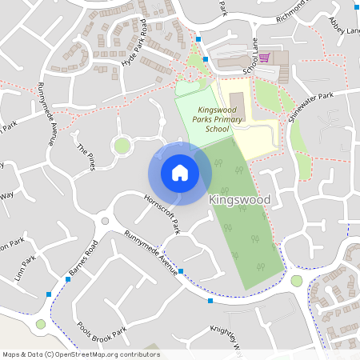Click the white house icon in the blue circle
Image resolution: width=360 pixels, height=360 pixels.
pyautogui.click(x=180, y=172)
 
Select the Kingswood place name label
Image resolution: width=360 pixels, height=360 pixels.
pyautogui.click(x=239, y=199)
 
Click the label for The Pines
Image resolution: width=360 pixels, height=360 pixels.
pyautogui.click(x=86, y=156)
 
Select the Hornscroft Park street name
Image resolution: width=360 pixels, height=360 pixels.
pyautogui.click(x=162, y=214)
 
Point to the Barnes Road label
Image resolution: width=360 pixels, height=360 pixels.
pyautogui.click(x=82, y=258)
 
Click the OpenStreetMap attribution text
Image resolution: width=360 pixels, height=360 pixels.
pyautogui.click(x=81, y=354)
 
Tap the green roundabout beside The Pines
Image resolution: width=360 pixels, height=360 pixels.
pyautogui.click(x=122, y=145)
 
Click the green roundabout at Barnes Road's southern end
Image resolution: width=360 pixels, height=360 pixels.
pyautogui.click(x=41, y=324)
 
